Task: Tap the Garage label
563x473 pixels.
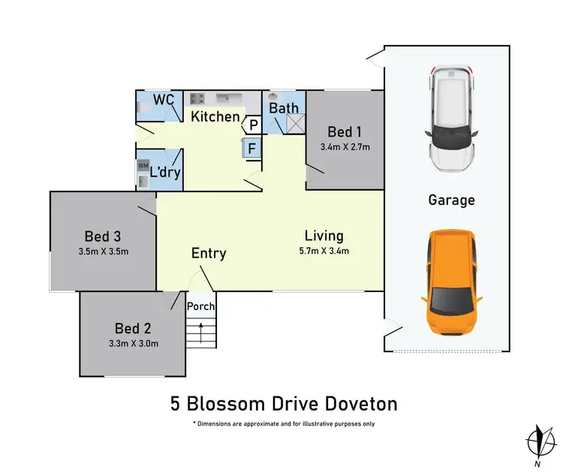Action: (451, 200)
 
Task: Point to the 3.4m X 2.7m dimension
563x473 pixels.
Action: (345, 146)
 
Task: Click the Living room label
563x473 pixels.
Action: (324, 236)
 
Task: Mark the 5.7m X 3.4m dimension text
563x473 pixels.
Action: (324, 251)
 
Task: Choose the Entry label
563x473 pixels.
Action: (209, 253)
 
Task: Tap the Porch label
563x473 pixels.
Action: (200, 306)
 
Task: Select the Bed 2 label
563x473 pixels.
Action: (134, 328)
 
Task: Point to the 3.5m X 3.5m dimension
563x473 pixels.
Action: (104, 252)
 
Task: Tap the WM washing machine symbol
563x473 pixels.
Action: (143, 164)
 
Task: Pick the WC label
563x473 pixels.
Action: (164, 100)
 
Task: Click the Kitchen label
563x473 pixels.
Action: (215, 116)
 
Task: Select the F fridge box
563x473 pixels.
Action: (252, 148)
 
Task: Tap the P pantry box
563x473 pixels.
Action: (254, 125)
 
